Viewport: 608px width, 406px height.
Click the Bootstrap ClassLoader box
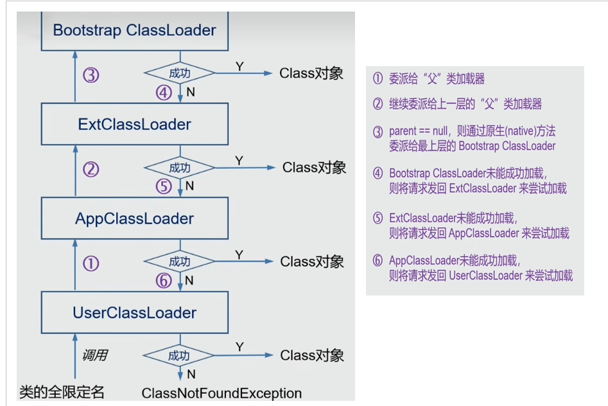coord(135,30)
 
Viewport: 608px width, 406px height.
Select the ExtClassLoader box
coord(135,124)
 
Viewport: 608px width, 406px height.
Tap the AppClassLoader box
coord(135,218)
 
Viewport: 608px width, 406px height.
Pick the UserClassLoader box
coord(135,313)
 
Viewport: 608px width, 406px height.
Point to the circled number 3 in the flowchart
coord(91,75)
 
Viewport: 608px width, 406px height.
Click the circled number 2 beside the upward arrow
coord(91,170)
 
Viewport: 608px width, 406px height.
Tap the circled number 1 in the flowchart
coord(91,263)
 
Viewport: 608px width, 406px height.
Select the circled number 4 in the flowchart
coord(164,93)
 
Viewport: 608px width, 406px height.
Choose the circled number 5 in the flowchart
coord(164,186)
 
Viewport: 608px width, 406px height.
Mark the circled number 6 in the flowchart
coord(164,280)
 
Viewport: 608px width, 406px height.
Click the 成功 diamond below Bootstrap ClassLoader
coord(180,74)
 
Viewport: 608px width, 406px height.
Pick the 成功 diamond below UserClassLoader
coord(180,356)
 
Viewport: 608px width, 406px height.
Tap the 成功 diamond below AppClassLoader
coord(180,262)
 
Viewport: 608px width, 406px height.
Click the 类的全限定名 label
coord(62,391)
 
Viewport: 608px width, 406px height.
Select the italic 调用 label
coord(94,355)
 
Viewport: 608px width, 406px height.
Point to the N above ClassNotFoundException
coord(190,375)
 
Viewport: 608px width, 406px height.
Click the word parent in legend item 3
coord(403,131)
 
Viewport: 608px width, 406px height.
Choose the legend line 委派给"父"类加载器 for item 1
coord(437,78)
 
